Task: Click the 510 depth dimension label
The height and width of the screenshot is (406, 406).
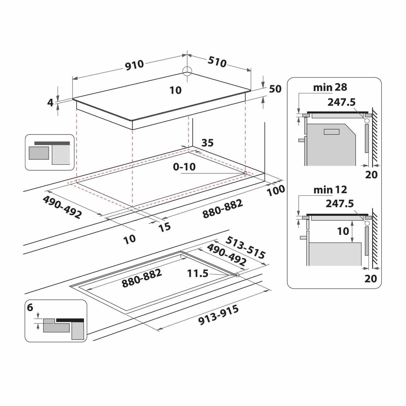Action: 217,62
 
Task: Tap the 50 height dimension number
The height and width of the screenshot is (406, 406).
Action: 275,89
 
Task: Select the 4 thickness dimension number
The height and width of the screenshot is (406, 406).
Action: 50,103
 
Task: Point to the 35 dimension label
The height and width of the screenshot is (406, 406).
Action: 207,143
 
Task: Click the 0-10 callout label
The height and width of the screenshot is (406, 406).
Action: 184,167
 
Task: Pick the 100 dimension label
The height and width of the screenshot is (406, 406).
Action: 276,191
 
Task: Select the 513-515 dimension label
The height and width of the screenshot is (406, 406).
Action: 245,248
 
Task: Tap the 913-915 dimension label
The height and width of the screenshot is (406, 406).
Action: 219,315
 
